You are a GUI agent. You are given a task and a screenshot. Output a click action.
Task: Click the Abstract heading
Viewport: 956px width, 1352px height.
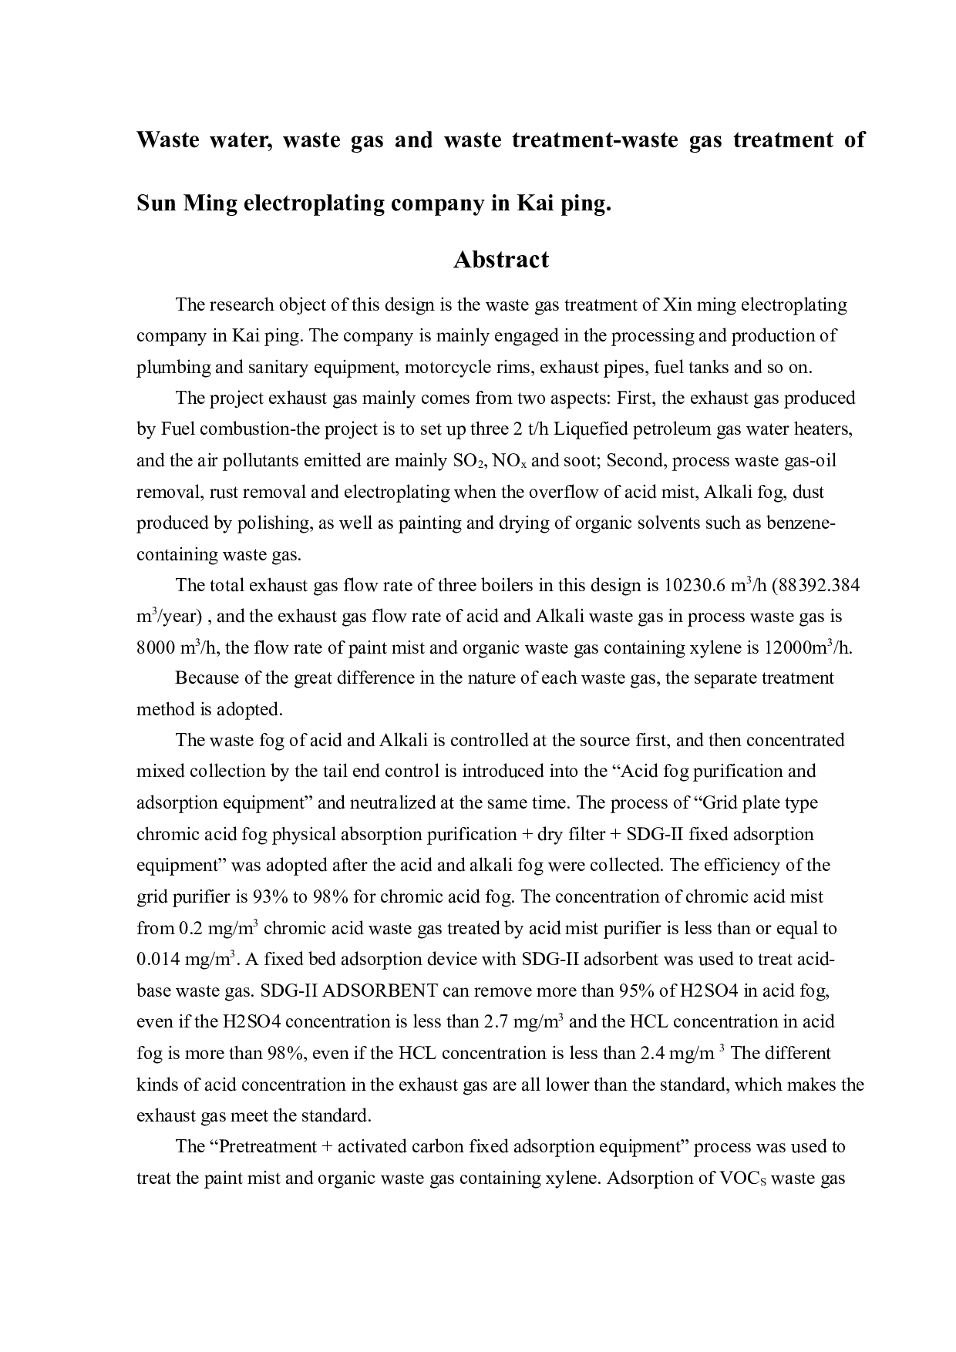click(x=501, y=260)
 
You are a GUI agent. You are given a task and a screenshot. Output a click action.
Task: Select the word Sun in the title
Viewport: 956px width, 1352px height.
click(x=154, y=203)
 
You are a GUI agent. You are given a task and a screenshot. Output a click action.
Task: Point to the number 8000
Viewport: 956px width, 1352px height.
click(x=157, y=648)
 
